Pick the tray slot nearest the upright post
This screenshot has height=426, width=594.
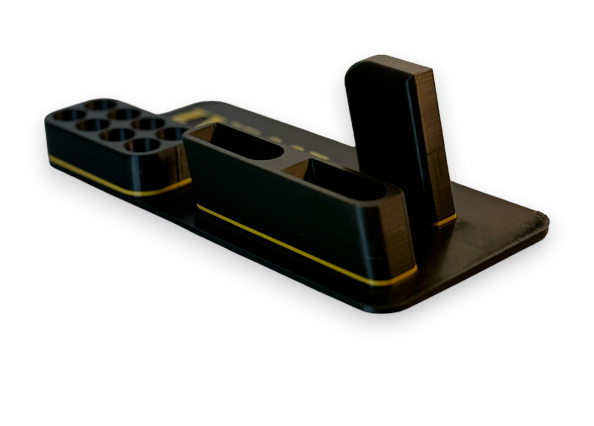[345, 181]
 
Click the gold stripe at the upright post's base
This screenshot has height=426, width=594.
[444, 221]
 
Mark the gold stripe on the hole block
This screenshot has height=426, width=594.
[101, 178]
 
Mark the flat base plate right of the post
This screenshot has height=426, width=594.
[493, 225]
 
